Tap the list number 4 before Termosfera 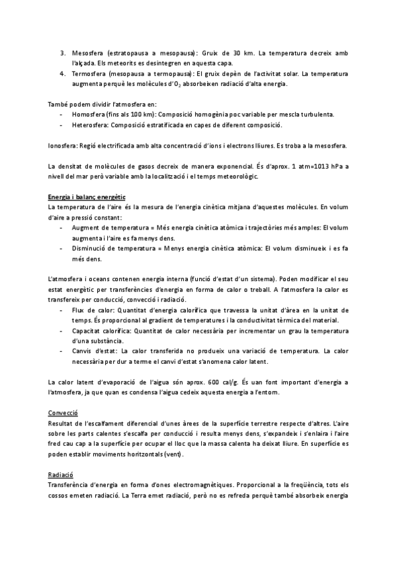(62, 74)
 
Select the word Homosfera (89, 114)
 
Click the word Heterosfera (91, 124)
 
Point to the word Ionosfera (64, 146)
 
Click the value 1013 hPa (322, 166)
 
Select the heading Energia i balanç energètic (86, 198)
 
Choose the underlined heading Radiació (60, 475)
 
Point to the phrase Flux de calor (91, 310)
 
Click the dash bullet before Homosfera (61, 114)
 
